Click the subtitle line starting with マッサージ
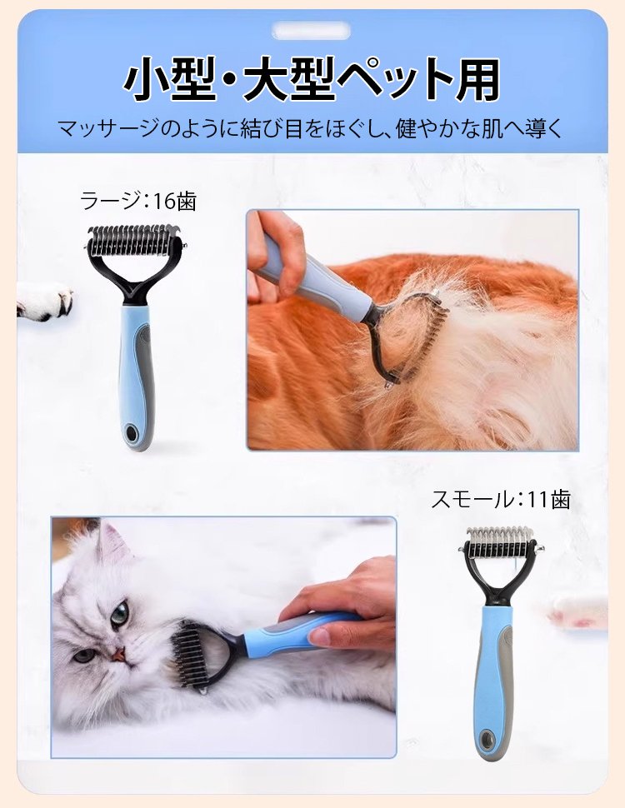pyautogui.click(x=311, y=129)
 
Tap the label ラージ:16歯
pyautogui.click(x=138, y=201)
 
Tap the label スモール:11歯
pyautogui.click(x=500, y=499)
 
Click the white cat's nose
pyautogui.click(x=118, y=653)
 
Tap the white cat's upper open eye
pyautogui.click(x=119, y=611)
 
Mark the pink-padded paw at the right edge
pyautogui.click(x=578, y=611)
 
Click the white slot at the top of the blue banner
pyautogui.click(x=312, y=31)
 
